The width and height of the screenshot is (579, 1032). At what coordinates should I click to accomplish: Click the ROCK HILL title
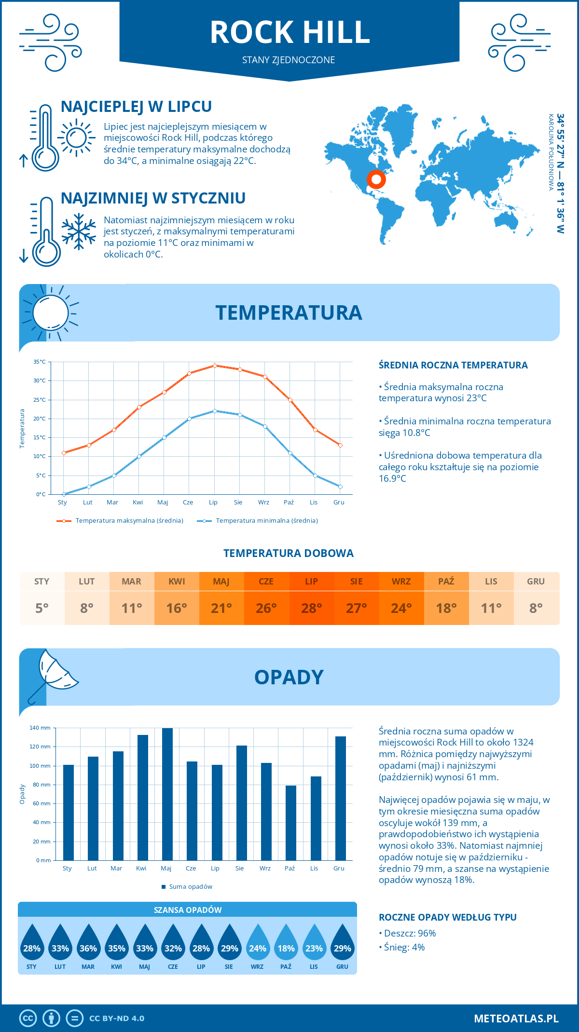[x=289, y=32]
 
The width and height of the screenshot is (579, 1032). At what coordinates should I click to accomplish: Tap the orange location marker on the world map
[x=376, y=179]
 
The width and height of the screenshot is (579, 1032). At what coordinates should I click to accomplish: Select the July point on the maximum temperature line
[x=215, y=366]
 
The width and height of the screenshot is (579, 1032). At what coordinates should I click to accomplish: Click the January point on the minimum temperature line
[x=64, y=494]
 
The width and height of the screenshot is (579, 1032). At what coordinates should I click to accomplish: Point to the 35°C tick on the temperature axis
[x=40, y=362]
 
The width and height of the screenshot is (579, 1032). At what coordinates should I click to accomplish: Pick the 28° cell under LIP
[x=311, y=608]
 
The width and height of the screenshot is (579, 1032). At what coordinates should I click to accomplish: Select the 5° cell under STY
[x=42, y=608]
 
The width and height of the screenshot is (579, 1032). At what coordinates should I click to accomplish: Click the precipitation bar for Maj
[x=167, y=794]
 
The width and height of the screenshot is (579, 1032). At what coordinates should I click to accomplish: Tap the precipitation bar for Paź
[x=291, y=823]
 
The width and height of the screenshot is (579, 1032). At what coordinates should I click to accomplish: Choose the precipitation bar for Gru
[x=341, y=798]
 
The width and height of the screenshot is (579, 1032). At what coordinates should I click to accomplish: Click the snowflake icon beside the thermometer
[x=79, y=231]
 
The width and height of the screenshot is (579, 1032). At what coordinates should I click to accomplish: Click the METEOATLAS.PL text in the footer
[x=516, y=1018]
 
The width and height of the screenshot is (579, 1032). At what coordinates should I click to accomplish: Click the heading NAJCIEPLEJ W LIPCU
[x=136, y=107]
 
